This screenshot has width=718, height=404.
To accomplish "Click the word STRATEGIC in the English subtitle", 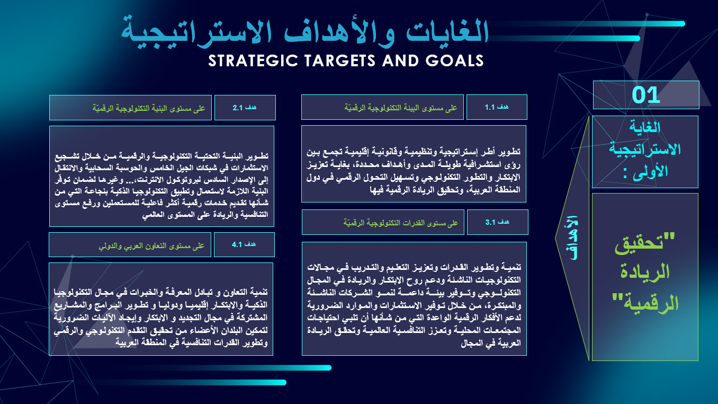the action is pos(253,60).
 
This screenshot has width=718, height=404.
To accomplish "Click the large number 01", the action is pos(645,95).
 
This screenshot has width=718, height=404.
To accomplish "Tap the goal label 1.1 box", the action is pos(497,107).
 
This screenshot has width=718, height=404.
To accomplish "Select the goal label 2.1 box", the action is pos(245,108).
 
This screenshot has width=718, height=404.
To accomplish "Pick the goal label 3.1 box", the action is pos(498,222).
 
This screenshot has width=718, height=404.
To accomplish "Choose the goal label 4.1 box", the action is pos(244,244).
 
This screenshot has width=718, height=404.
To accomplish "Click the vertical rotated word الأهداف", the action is pos(571,238).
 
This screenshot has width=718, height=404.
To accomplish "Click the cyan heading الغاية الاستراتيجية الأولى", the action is pos(644,150).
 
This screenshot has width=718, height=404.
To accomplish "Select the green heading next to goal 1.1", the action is pos(401,108).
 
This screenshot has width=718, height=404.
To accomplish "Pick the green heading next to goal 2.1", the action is pos(149,108).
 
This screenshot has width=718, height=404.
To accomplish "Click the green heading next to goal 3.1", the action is pos(401,223).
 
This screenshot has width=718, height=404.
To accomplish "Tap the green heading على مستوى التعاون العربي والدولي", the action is pos(151,246).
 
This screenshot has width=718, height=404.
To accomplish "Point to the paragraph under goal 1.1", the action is pos(413,170).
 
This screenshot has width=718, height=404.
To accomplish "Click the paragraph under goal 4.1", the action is pos(160,317).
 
